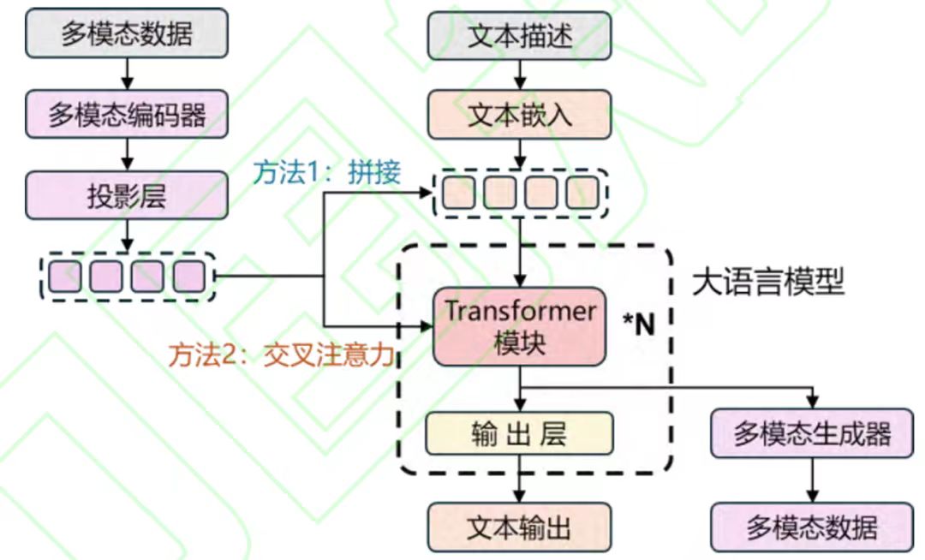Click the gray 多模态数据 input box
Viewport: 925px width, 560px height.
(127, 33)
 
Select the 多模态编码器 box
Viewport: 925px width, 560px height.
(127, 114)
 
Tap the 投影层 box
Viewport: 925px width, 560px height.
(127, 195)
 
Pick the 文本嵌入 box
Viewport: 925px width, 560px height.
(520, 114)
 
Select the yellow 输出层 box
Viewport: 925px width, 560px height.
(520, 433)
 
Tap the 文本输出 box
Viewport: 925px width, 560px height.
(520, 527)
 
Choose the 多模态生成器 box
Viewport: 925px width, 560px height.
(812, 433)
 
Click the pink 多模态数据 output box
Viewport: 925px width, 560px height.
(812, 527)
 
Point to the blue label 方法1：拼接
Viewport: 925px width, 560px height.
(326, 173)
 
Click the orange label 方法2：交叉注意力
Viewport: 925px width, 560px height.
(283, 354)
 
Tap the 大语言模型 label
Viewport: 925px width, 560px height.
(767, 281)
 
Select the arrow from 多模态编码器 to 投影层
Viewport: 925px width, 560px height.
(127, 154)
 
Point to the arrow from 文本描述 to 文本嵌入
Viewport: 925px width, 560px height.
(520, 74)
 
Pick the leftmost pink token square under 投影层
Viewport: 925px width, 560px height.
(64, 276)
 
